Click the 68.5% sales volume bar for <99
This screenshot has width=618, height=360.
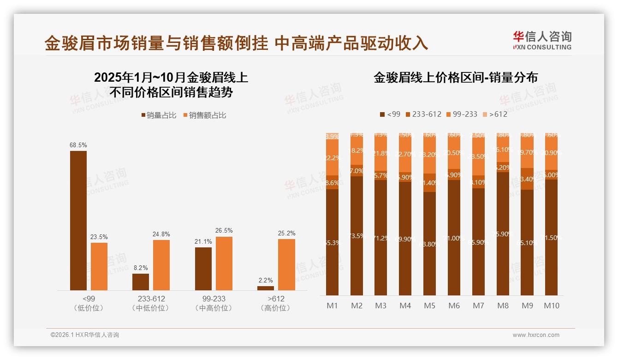pyautogui.click(x=78, y=221)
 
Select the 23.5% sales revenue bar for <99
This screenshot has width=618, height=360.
pyautogui.click(x=99, y=266)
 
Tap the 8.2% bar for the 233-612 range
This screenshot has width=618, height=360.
pyautogui.click(x=141, y=282)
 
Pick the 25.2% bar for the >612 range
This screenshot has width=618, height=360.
pyautogui.click(x=286, y=264)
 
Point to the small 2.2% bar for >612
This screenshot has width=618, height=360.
pyautogui.click(x=266, y=288)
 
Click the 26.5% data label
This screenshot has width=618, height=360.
pyautogui.click(x=224, y=230)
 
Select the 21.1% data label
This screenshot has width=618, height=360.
pyautogui.click(x=203, y=241)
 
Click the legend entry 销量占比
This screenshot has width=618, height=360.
pyautogui.click(x=158, y=115)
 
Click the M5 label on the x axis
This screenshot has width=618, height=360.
pyautogui.click(x=429, y=306)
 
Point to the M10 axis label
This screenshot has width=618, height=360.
pyautogui.click(x=552, y=306)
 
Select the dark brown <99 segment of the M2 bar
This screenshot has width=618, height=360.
pyautogui.click(x=357, y=236)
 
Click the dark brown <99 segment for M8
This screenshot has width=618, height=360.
pyautogui.click(x=503, y=234)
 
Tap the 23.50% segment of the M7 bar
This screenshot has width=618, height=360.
pyautogui.click(x=478, y=156)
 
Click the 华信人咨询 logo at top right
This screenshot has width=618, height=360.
pyautogui.click(x=542, y=40)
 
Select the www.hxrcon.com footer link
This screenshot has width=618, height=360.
pyautogui.click(x=536, y=335)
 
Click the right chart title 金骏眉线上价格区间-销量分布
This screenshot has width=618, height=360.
pyautogui.click(x=456, y=78)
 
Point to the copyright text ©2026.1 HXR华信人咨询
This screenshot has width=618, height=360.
pyautogui.click(x=84, y=335)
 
